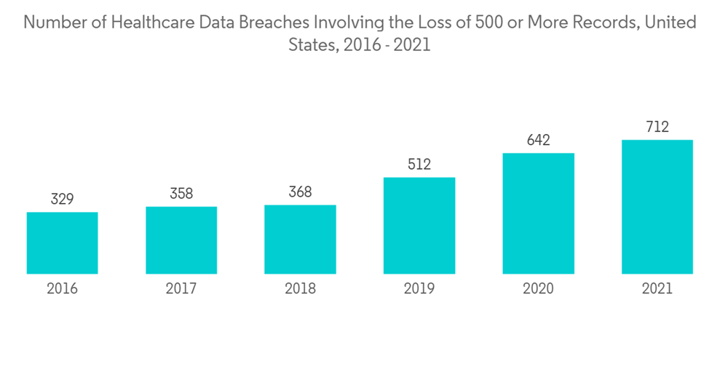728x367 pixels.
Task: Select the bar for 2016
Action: point(62,243)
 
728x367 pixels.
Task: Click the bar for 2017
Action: point(181,240)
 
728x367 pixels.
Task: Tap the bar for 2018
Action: point(300,240)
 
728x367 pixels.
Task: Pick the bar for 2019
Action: point(419,226)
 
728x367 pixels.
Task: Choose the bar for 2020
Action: point(538,213)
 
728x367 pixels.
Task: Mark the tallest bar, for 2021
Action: point(657,207)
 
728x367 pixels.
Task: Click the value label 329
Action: point(62,198)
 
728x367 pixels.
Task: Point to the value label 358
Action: point(181,193)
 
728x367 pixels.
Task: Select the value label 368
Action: point(300,192)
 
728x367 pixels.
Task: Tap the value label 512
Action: point(419,165)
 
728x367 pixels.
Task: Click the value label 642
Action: point(538,140)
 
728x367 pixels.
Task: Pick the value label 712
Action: point(657,127)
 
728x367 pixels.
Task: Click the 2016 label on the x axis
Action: point(62,289)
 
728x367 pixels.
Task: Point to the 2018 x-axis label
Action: point(300,289)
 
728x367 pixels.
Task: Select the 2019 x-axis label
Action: point(419,289)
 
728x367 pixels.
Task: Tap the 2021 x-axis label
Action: point(657,289)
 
